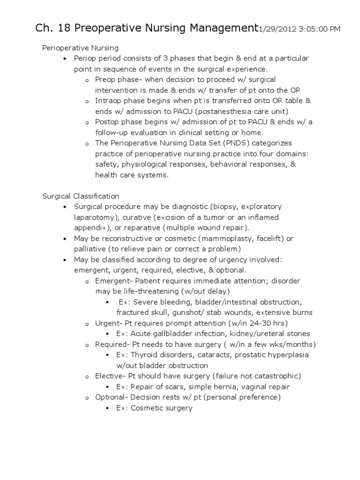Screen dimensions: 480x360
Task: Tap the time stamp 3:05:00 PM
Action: coord(319,30)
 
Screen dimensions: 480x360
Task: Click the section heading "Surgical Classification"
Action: coord(81,196)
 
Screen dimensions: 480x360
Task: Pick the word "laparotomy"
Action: coord(92,217)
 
